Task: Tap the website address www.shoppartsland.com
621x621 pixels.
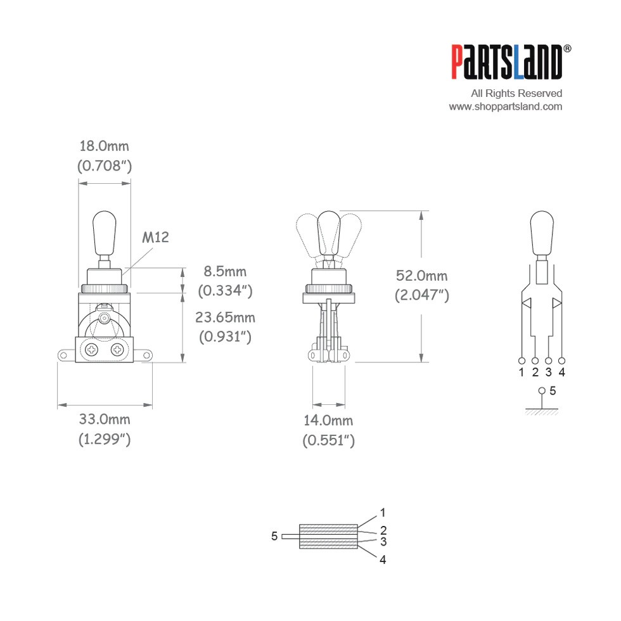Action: coord(506,106)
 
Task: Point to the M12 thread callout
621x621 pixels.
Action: coord(155,237)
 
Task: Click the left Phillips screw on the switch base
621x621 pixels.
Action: coord(91,350)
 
